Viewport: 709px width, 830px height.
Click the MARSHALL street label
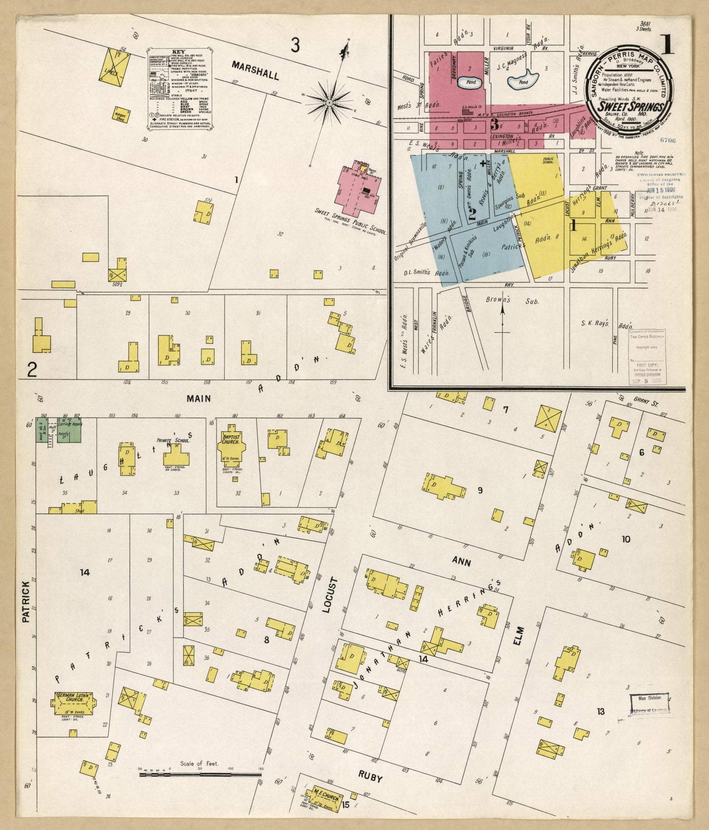[x=255, y=70]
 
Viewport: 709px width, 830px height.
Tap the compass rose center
[x=330, y=102]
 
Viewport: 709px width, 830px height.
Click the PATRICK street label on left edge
[x=26, y=601]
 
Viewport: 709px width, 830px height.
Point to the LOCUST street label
[x=330, y=594]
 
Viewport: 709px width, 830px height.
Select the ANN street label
[x=461, y=561]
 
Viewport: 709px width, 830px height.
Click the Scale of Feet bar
[x=201, y=774]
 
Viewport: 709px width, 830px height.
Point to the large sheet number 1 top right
[x=667, y=45]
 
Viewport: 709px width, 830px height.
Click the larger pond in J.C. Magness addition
[x=523, y=81]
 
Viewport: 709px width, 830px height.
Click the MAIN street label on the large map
[x=198, y=399]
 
